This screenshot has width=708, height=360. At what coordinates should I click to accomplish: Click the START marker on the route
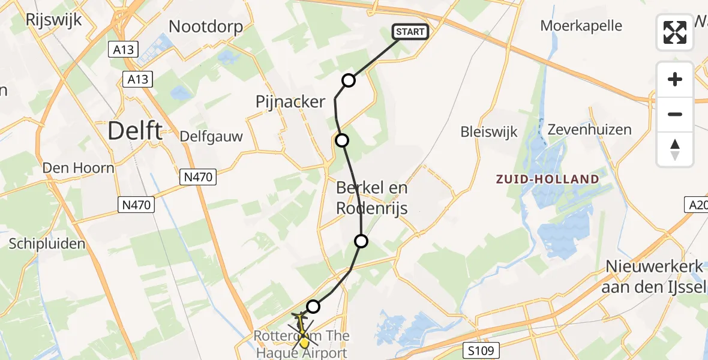coord(410,32)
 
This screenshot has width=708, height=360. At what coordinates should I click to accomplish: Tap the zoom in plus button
coord(675,79)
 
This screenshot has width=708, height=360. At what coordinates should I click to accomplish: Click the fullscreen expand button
coord(675,32)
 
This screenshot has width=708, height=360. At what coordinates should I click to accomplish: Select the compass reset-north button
coord(675,149)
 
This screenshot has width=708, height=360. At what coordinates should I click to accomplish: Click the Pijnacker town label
coord(290,102)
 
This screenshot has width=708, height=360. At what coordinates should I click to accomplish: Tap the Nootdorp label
coord(206,26)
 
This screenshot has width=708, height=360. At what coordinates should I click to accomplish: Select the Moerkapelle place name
coord(581,26)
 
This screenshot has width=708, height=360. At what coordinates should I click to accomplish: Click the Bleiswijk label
coord(489,132)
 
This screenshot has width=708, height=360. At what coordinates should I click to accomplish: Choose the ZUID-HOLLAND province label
coord(547,179)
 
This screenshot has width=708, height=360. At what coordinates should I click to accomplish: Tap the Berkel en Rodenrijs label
coord(372,198)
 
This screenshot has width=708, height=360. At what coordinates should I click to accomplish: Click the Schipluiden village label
coord(47,244)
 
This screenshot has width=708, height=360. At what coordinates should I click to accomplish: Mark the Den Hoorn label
coord(78,167)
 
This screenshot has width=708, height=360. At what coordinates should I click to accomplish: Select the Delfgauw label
coord(212,136)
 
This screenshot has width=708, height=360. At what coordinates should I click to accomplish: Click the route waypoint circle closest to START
coord(349,80)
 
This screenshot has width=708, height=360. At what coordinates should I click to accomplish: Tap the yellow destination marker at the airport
coord(304,343)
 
